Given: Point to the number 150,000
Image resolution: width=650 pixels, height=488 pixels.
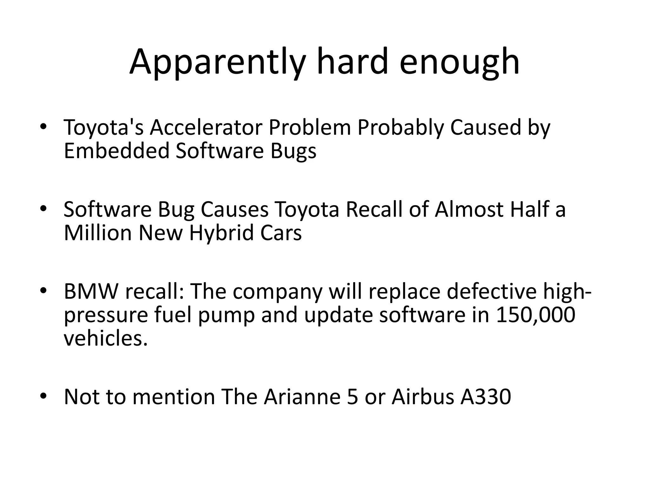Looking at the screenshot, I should click(535, 315).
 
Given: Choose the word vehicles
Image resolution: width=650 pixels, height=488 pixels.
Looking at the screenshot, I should click(106, 339).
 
